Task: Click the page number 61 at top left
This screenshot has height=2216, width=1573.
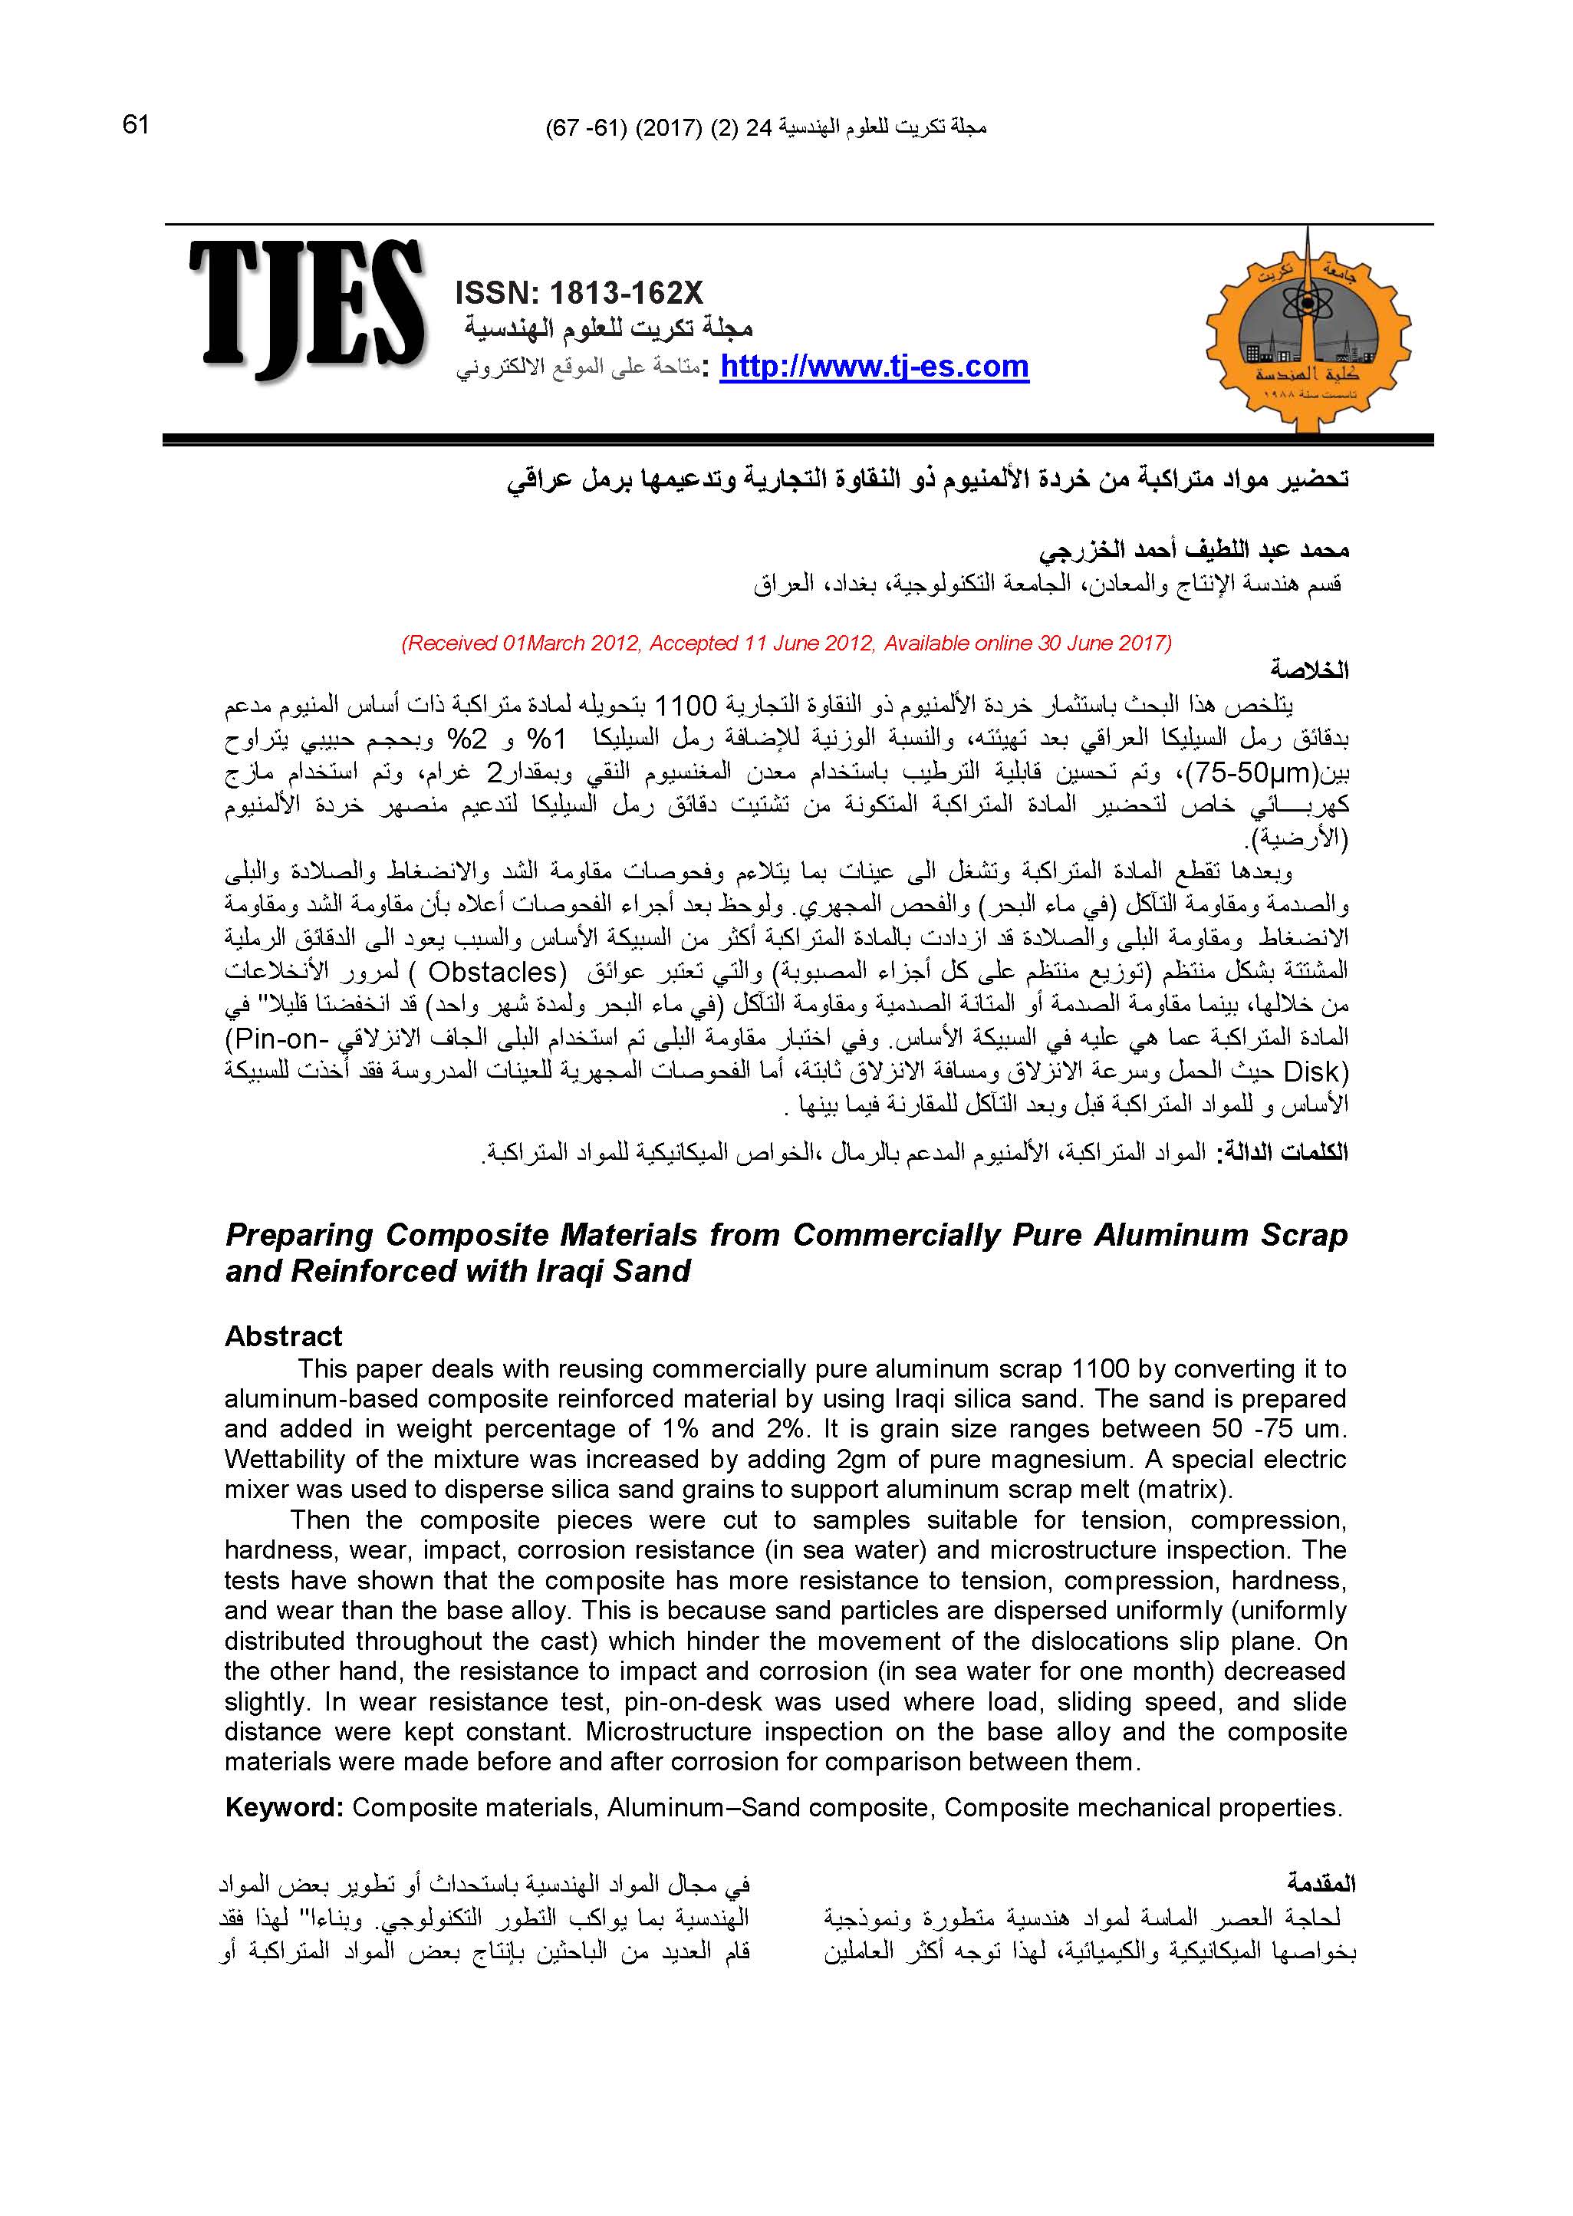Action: coord(136,125)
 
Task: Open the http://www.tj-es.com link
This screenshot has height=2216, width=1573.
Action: coord(874,367)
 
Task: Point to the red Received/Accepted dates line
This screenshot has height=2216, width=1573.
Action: coord(785,643)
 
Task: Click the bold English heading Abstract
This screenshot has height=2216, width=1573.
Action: coord(283,1336)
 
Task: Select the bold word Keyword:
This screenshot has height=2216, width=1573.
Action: coord(284,1807)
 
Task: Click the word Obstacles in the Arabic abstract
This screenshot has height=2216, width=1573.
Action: coord(493,970)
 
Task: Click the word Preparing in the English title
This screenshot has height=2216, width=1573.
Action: coord(298,1235)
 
